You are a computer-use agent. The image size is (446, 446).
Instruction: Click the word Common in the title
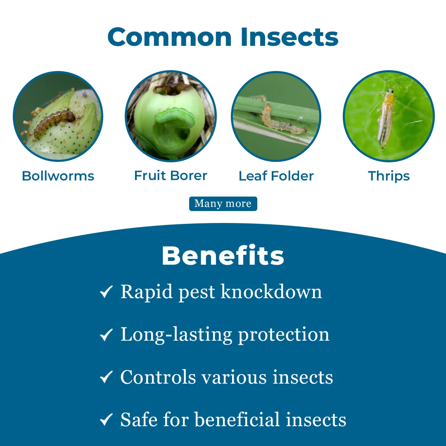click(170, 37)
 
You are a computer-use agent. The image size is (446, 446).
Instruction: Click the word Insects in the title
click(289, 37)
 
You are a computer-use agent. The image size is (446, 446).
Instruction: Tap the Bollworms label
click(58, 176)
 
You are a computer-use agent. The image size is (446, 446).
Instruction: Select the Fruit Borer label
click(171, 176)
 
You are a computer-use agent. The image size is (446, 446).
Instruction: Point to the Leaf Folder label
click(276, 176)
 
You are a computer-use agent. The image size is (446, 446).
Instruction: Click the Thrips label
click(389, 176)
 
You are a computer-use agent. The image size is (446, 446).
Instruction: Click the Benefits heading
click(223, 256)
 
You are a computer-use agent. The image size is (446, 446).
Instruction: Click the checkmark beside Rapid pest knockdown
click(107, 292)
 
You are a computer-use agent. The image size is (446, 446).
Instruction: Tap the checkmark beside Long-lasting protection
click(107, 334)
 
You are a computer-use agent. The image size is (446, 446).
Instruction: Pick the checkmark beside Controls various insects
click(107, 377)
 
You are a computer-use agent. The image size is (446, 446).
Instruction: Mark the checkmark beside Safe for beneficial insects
click(107, 420)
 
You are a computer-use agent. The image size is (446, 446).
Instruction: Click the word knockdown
click(271, 292)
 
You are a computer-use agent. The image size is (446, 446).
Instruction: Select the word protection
click(284, 335)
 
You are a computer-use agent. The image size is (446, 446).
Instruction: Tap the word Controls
click(158, 377)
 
